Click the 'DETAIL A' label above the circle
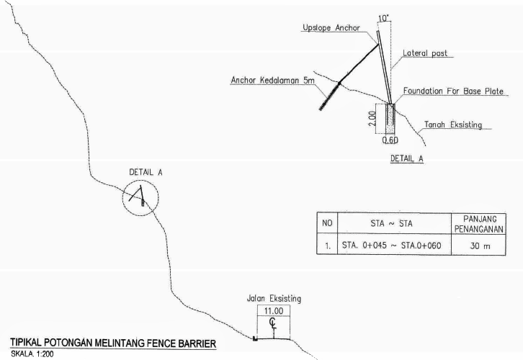[x=144, y=174]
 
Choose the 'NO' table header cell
[x=327, y=223]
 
